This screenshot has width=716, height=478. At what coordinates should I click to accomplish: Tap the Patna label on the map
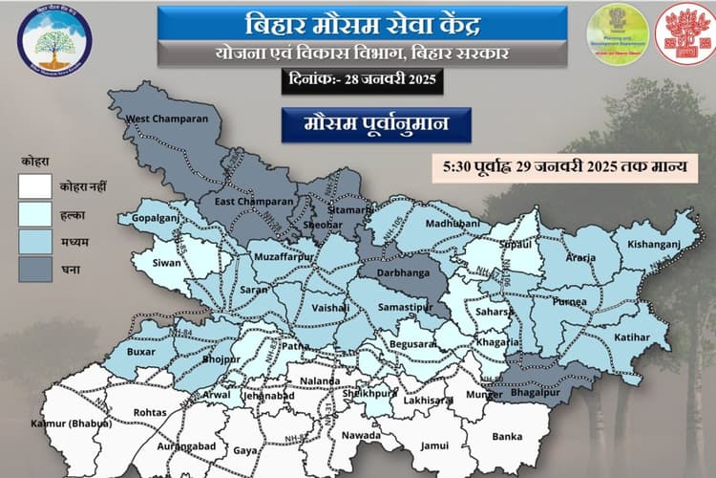click(x=296, y=345)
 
